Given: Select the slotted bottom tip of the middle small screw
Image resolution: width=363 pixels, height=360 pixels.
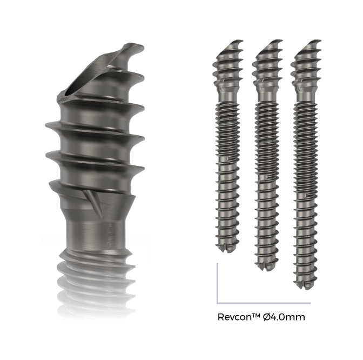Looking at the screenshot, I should click(x=265, y=264).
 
